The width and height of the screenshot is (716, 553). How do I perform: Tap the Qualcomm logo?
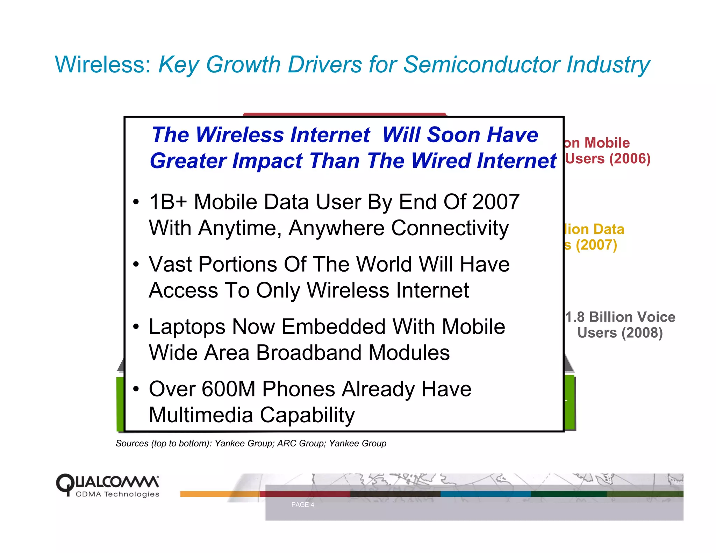tap(108, 482)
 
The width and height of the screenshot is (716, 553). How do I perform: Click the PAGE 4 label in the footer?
tap(302, 505)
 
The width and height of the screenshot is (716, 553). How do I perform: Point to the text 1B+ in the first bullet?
tap(168, 202)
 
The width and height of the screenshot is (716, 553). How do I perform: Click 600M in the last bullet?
tap(228, 389)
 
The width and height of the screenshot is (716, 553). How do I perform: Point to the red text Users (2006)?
tap(608, 159)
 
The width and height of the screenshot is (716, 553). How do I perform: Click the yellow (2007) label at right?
tap(596, 245)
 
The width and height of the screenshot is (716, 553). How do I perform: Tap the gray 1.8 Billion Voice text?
tap(620, 317)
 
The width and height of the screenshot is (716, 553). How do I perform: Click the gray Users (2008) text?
tap(620, 333)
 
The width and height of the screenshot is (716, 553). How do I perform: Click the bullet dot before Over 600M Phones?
tap(136, 389)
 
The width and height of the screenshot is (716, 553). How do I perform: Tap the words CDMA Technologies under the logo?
tap(117, 494)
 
